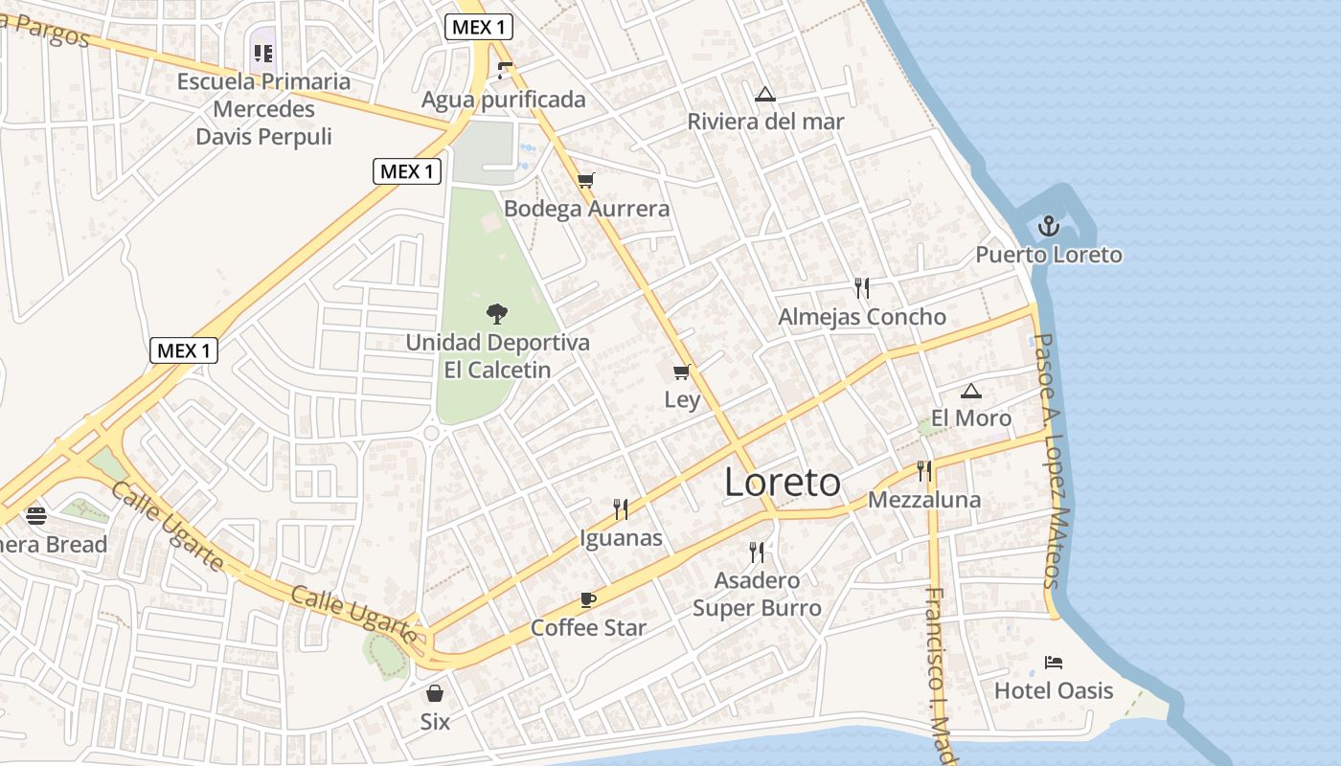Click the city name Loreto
[783, 483]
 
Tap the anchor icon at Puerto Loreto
[1049, 227]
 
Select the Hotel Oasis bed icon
[1054, 662]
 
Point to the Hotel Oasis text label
[1054, 690]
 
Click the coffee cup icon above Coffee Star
[588, 600]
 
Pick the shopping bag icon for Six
[435, 692]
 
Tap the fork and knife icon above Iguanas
[621, 508]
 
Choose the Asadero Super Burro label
[757, 595]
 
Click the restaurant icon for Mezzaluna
[924, 470]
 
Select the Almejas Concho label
[862, 317]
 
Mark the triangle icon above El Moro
[971, 391]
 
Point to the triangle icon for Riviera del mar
[764, 94]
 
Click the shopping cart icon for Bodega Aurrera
[586, 180]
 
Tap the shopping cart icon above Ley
[682, 372]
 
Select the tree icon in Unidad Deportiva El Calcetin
[496, 313]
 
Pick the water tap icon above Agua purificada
[504, 70]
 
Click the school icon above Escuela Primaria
[263, 54]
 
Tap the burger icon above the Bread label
[36, 516]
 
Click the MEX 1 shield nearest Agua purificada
[478, 27]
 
